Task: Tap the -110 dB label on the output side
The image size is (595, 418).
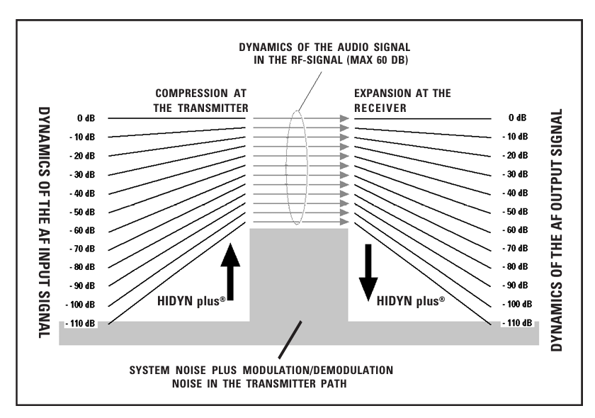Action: point(516,323)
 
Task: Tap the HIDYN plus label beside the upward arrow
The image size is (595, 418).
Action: point(191,300)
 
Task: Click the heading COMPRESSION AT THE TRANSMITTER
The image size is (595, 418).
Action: point(201,101)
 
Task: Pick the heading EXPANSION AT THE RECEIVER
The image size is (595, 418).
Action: point(402,101)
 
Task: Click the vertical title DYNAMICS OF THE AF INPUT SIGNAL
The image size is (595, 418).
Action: point(43,222)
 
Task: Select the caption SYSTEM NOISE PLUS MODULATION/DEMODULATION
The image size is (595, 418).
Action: point(261,371)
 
